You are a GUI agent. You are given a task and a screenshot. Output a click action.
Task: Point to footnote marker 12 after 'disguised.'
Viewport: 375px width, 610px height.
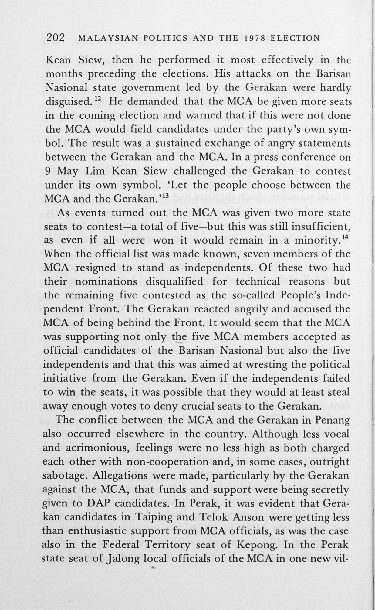click(97, 99)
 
